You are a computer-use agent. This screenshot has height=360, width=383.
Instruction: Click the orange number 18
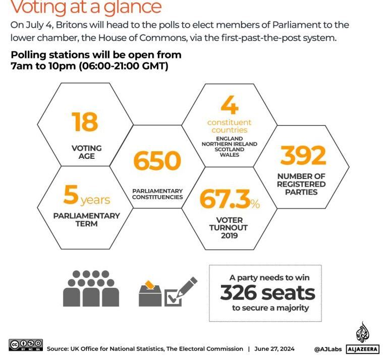85,122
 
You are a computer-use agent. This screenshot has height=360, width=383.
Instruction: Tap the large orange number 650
157,160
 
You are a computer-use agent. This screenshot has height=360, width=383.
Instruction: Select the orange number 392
303,156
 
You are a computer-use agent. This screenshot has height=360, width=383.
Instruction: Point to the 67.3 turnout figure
225,199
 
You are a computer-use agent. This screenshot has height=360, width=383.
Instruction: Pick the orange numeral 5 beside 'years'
71,195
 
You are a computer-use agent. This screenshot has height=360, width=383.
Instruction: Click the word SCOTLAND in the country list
229,149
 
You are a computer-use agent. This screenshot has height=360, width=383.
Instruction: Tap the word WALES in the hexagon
229,155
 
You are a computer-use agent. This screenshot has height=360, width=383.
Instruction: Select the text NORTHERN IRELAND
229,144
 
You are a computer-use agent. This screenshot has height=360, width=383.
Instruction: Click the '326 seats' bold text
267,292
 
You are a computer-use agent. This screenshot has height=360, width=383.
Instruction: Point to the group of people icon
91,288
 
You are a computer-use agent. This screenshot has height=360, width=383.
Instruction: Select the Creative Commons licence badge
26,345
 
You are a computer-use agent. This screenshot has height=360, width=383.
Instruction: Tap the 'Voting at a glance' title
86,8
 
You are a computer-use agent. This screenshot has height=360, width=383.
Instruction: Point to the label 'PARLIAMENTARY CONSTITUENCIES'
157,194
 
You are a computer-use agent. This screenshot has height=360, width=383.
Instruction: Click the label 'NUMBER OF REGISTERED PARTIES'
301,184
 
